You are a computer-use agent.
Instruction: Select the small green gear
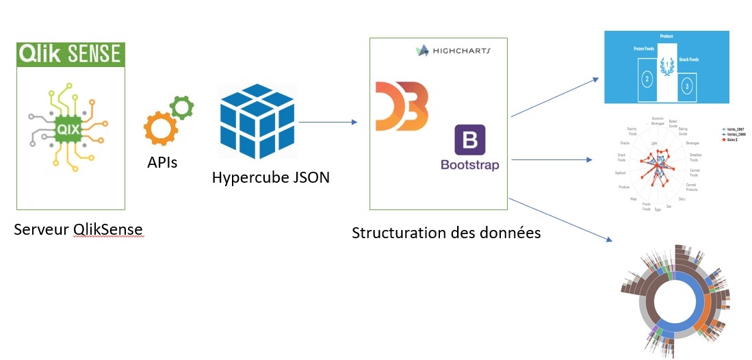pyautogui.click(x=182, y=107)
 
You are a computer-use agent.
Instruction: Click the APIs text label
pyautogui.click(x=163, y=164)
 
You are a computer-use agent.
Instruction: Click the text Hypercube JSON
pyautogui.click(x=270, y=177)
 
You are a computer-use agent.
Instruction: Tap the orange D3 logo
pyautogui.click(x=402, y=105)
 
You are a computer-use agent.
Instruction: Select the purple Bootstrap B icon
pyautogui.click(x=469, y=140)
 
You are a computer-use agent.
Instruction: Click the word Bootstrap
pyautogui.click(x=469, y=165)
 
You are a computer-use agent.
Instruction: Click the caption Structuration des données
pyautogui.click(x=445, y=233)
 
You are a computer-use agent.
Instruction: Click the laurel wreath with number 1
pyautogui.click(x=666, y=67)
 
